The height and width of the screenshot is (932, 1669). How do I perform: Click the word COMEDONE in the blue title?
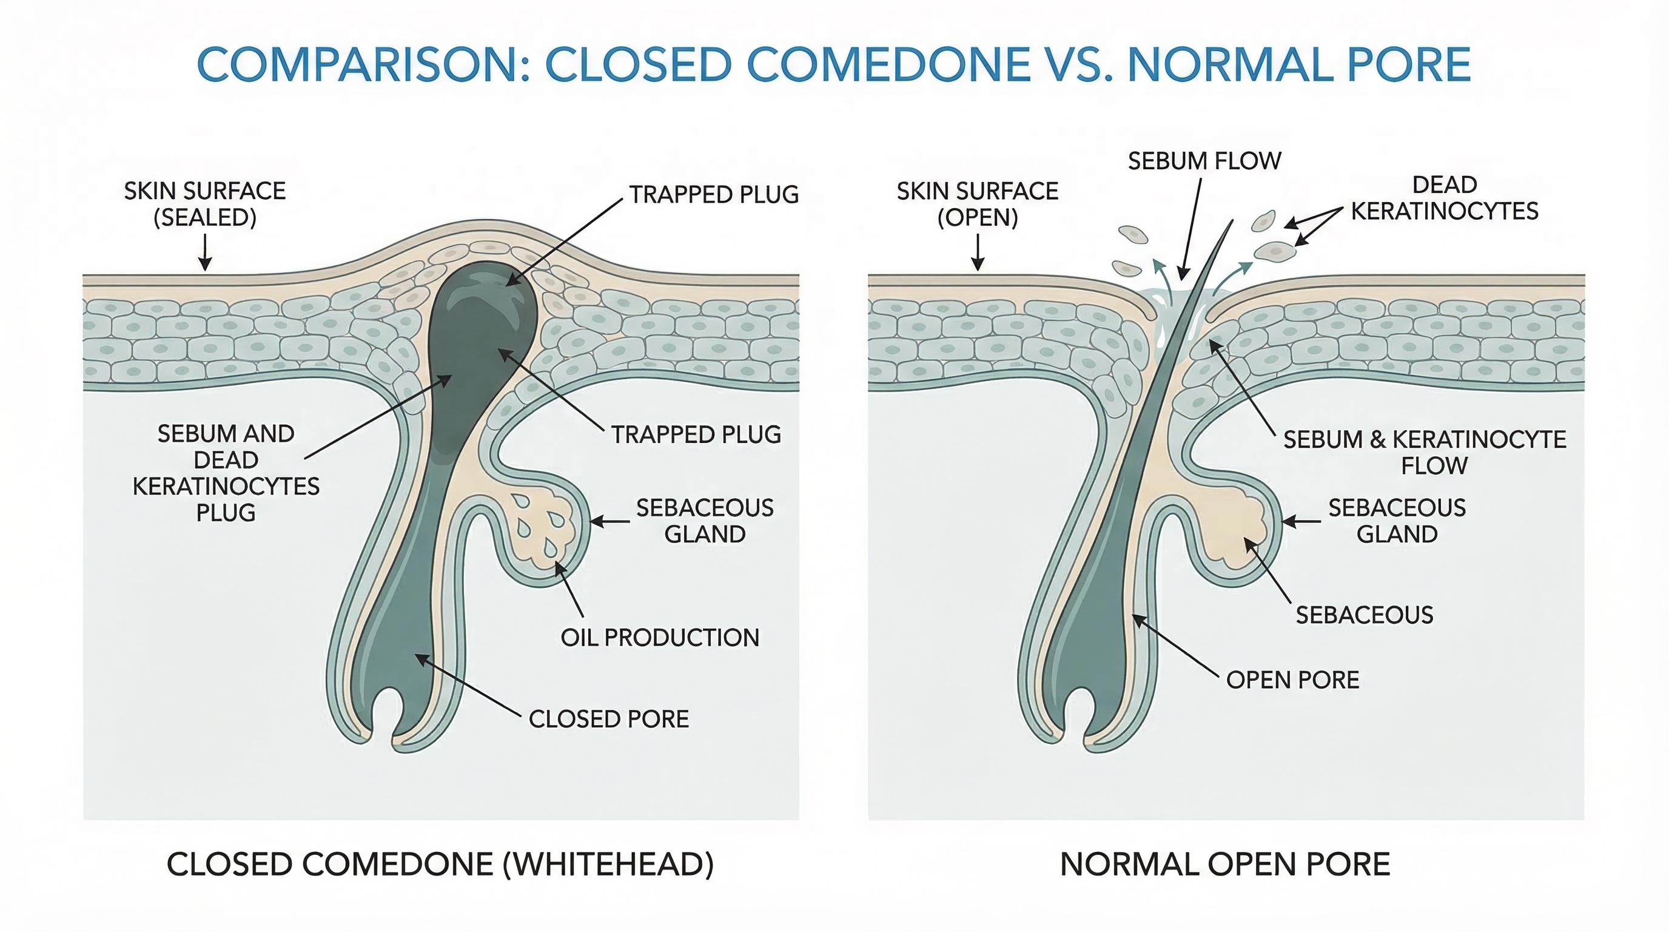click(888, 65)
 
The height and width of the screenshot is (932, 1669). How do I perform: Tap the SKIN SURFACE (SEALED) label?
click(205, 203)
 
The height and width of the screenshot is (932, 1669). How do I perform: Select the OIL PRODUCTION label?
click(660, 638)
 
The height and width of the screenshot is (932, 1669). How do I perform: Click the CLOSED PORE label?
click(608, 720)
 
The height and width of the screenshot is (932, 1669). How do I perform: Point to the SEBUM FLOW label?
click(1204, 161)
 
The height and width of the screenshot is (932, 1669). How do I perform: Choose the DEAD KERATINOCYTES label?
click(1444, 198)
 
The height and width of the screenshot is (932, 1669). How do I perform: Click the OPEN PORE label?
click(1292, 680)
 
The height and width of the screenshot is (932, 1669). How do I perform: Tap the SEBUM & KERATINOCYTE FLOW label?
click(1425, 453)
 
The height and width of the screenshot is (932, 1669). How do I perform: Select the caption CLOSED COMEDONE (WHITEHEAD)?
click(440, 865)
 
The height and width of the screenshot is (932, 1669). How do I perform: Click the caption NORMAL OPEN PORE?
click(1224, 865)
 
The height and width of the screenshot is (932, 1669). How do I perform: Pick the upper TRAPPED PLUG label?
click(714, 194)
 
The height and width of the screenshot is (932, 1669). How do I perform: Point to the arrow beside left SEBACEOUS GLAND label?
click(609, 521)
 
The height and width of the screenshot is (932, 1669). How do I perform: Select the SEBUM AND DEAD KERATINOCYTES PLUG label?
click(226, 473)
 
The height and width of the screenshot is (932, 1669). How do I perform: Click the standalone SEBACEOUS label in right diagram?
click(1364, 615)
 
